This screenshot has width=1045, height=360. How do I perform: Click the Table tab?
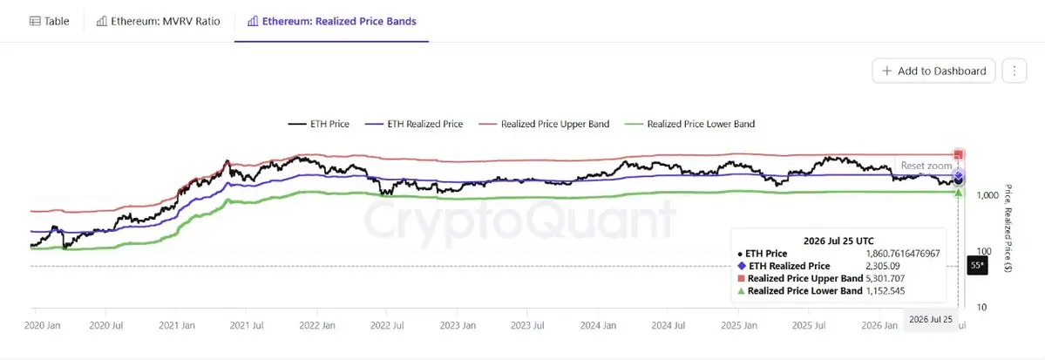coord(50,21)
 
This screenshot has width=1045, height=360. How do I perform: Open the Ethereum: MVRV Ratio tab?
coord(158,21)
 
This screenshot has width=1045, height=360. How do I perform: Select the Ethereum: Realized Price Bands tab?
coord(331,21)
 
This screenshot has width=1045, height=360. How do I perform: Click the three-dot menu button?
coord(1014,71)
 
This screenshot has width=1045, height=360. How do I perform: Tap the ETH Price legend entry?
coord(319,124)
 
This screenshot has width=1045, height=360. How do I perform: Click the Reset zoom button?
coord(926,166)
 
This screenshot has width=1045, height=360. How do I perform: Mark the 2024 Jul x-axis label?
coord(668,326)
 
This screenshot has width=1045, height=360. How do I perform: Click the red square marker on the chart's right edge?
coord(959,154)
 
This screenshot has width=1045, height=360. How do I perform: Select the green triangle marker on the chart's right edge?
coord(959,193)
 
